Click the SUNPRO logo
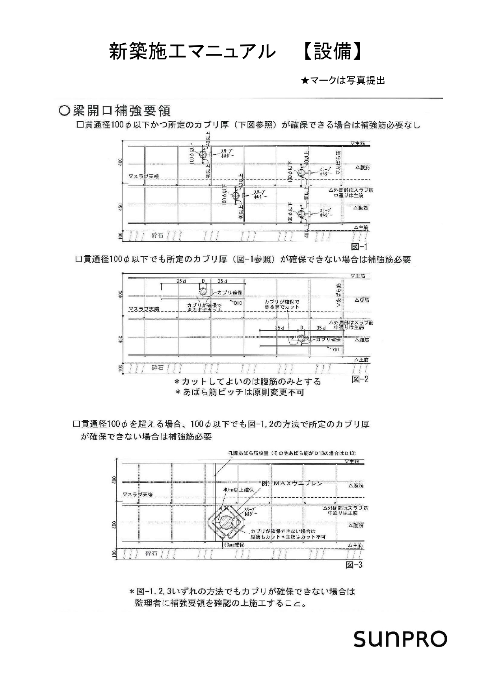click(400, 639)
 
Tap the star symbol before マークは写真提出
click(305, 81)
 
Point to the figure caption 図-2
click(360, 379)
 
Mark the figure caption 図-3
click(354, 565)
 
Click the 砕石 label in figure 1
click(157, 235)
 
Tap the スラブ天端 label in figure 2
click(144, 309)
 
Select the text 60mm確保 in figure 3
click(234, 545)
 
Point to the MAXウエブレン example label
click(292, 483)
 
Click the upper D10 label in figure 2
click(238, 303)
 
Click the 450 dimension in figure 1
click(121, 206)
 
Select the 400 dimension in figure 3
click(115, 480)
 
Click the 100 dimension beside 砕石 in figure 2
click(121, 368)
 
